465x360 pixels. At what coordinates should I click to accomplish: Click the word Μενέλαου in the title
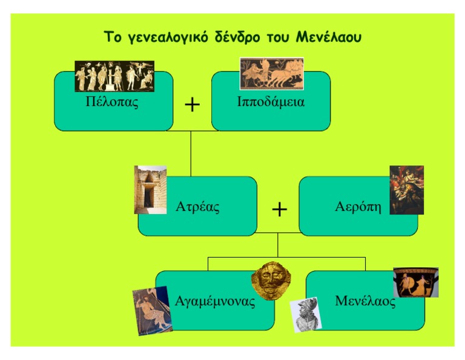pos(329,37)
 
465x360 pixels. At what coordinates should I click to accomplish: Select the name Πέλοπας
pos(112,102)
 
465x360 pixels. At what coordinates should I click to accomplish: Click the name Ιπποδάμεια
pos(271,102)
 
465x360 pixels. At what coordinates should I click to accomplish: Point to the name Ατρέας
pos(197,207)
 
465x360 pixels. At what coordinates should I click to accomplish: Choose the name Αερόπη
pos(358,207)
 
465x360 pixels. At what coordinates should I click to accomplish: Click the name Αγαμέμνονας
pos(215,301)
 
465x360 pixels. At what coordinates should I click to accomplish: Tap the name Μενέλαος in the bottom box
pos(365,301)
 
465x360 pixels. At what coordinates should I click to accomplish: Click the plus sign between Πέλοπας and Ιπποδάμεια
pos(192,105)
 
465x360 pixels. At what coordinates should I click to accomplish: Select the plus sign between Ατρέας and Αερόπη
pos(279,210)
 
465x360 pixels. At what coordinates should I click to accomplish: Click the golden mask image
pos(271,280)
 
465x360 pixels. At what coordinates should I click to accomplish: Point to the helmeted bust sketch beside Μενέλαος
pos(306,315)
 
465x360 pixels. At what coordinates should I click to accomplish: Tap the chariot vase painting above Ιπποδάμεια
pos(272,73)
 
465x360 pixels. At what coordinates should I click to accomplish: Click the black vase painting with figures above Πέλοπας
pos(114,76)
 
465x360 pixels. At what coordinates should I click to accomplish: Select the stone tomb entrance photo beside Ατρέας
pos(150,190)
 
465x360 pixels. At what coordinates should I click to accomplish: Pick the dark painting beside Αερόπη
pos(407,190)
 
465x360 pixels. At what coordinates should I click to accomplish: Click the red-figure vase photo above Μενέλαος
pos(416,282)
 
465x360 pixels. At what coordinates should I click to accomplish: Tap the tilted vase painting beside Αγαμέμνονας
pos(153,311)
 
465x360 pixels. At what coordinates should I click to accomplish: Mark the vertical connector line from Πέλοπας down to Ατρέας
pos(191,154)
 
